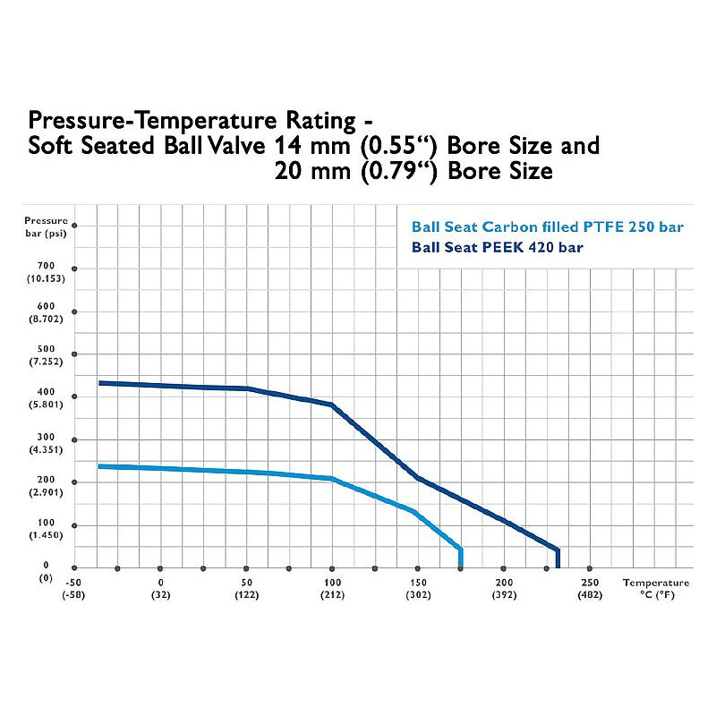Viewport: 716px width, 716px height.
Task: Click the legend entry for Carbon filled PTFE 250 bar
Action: click(x=547, y=227)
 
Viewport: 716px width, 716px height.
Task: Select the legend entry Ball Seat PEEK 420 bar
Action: click(x=498, y=247)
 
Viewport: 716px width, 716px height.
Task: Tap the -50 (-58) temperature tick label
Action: click(x=74, y=587)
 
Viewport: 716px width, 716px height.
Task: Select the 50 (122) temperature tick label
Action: click(x=246, y=587)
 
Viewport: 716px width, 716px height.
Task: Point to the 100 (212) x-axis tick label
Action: click(x=332, y=587)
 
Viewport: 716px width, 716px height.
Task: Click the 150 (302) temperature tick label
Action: click(x=418, y=587)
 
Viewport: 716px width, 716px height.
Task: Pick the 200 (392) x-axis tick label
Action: click(x=504, y=587)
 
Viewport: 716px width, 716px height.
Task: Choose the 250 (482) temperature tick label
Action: click(x=590, y=587)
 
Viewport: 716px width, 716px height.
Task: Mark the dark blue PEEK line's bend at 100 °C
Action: click(x=332, y=405)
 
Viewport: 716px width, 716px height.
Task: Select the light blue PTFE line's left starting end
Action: click(x=99, y=466)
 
